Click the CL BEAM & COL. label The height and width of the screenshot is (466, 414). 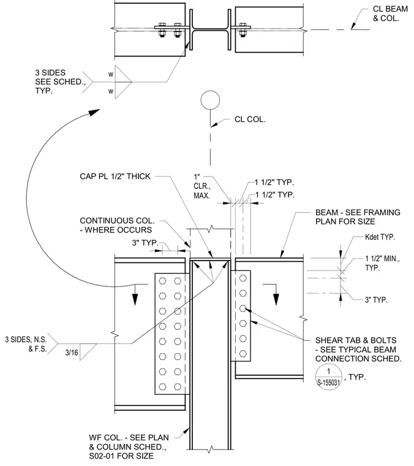click(390, 13)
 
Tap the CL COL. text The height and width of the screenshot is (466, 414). click(250, 120)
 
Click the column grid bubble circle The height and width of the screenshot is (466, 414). click(210, 100)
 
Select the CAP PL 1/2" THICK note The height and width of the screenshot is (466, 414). click(115, 177)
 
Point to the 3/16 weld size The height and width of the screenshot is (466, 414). click(72, 353)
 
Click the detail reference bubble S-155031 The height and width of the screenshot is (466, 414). click(328, 377)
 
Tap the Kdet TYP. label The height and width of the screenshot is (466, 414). click(380, 237)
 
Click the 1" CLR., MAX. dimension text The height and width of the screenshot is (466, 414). click(202, 186)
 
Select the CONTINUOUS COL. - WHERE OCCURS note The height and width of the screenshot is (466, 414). click(117, 225)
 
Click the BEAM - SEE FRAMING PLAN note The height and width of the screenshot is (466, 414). click(358, 217)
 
